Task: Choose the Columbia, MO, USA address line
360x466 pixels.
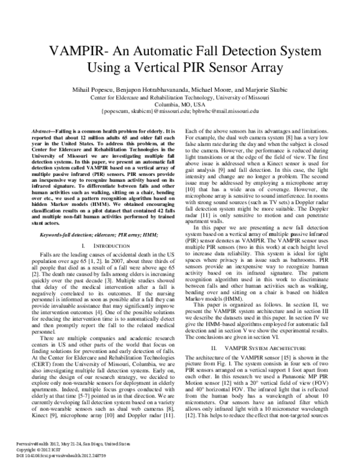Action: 179,103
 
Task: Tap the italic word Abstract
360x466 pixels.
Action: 43,130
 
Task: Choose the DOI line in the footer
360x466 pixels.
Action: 54,456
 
